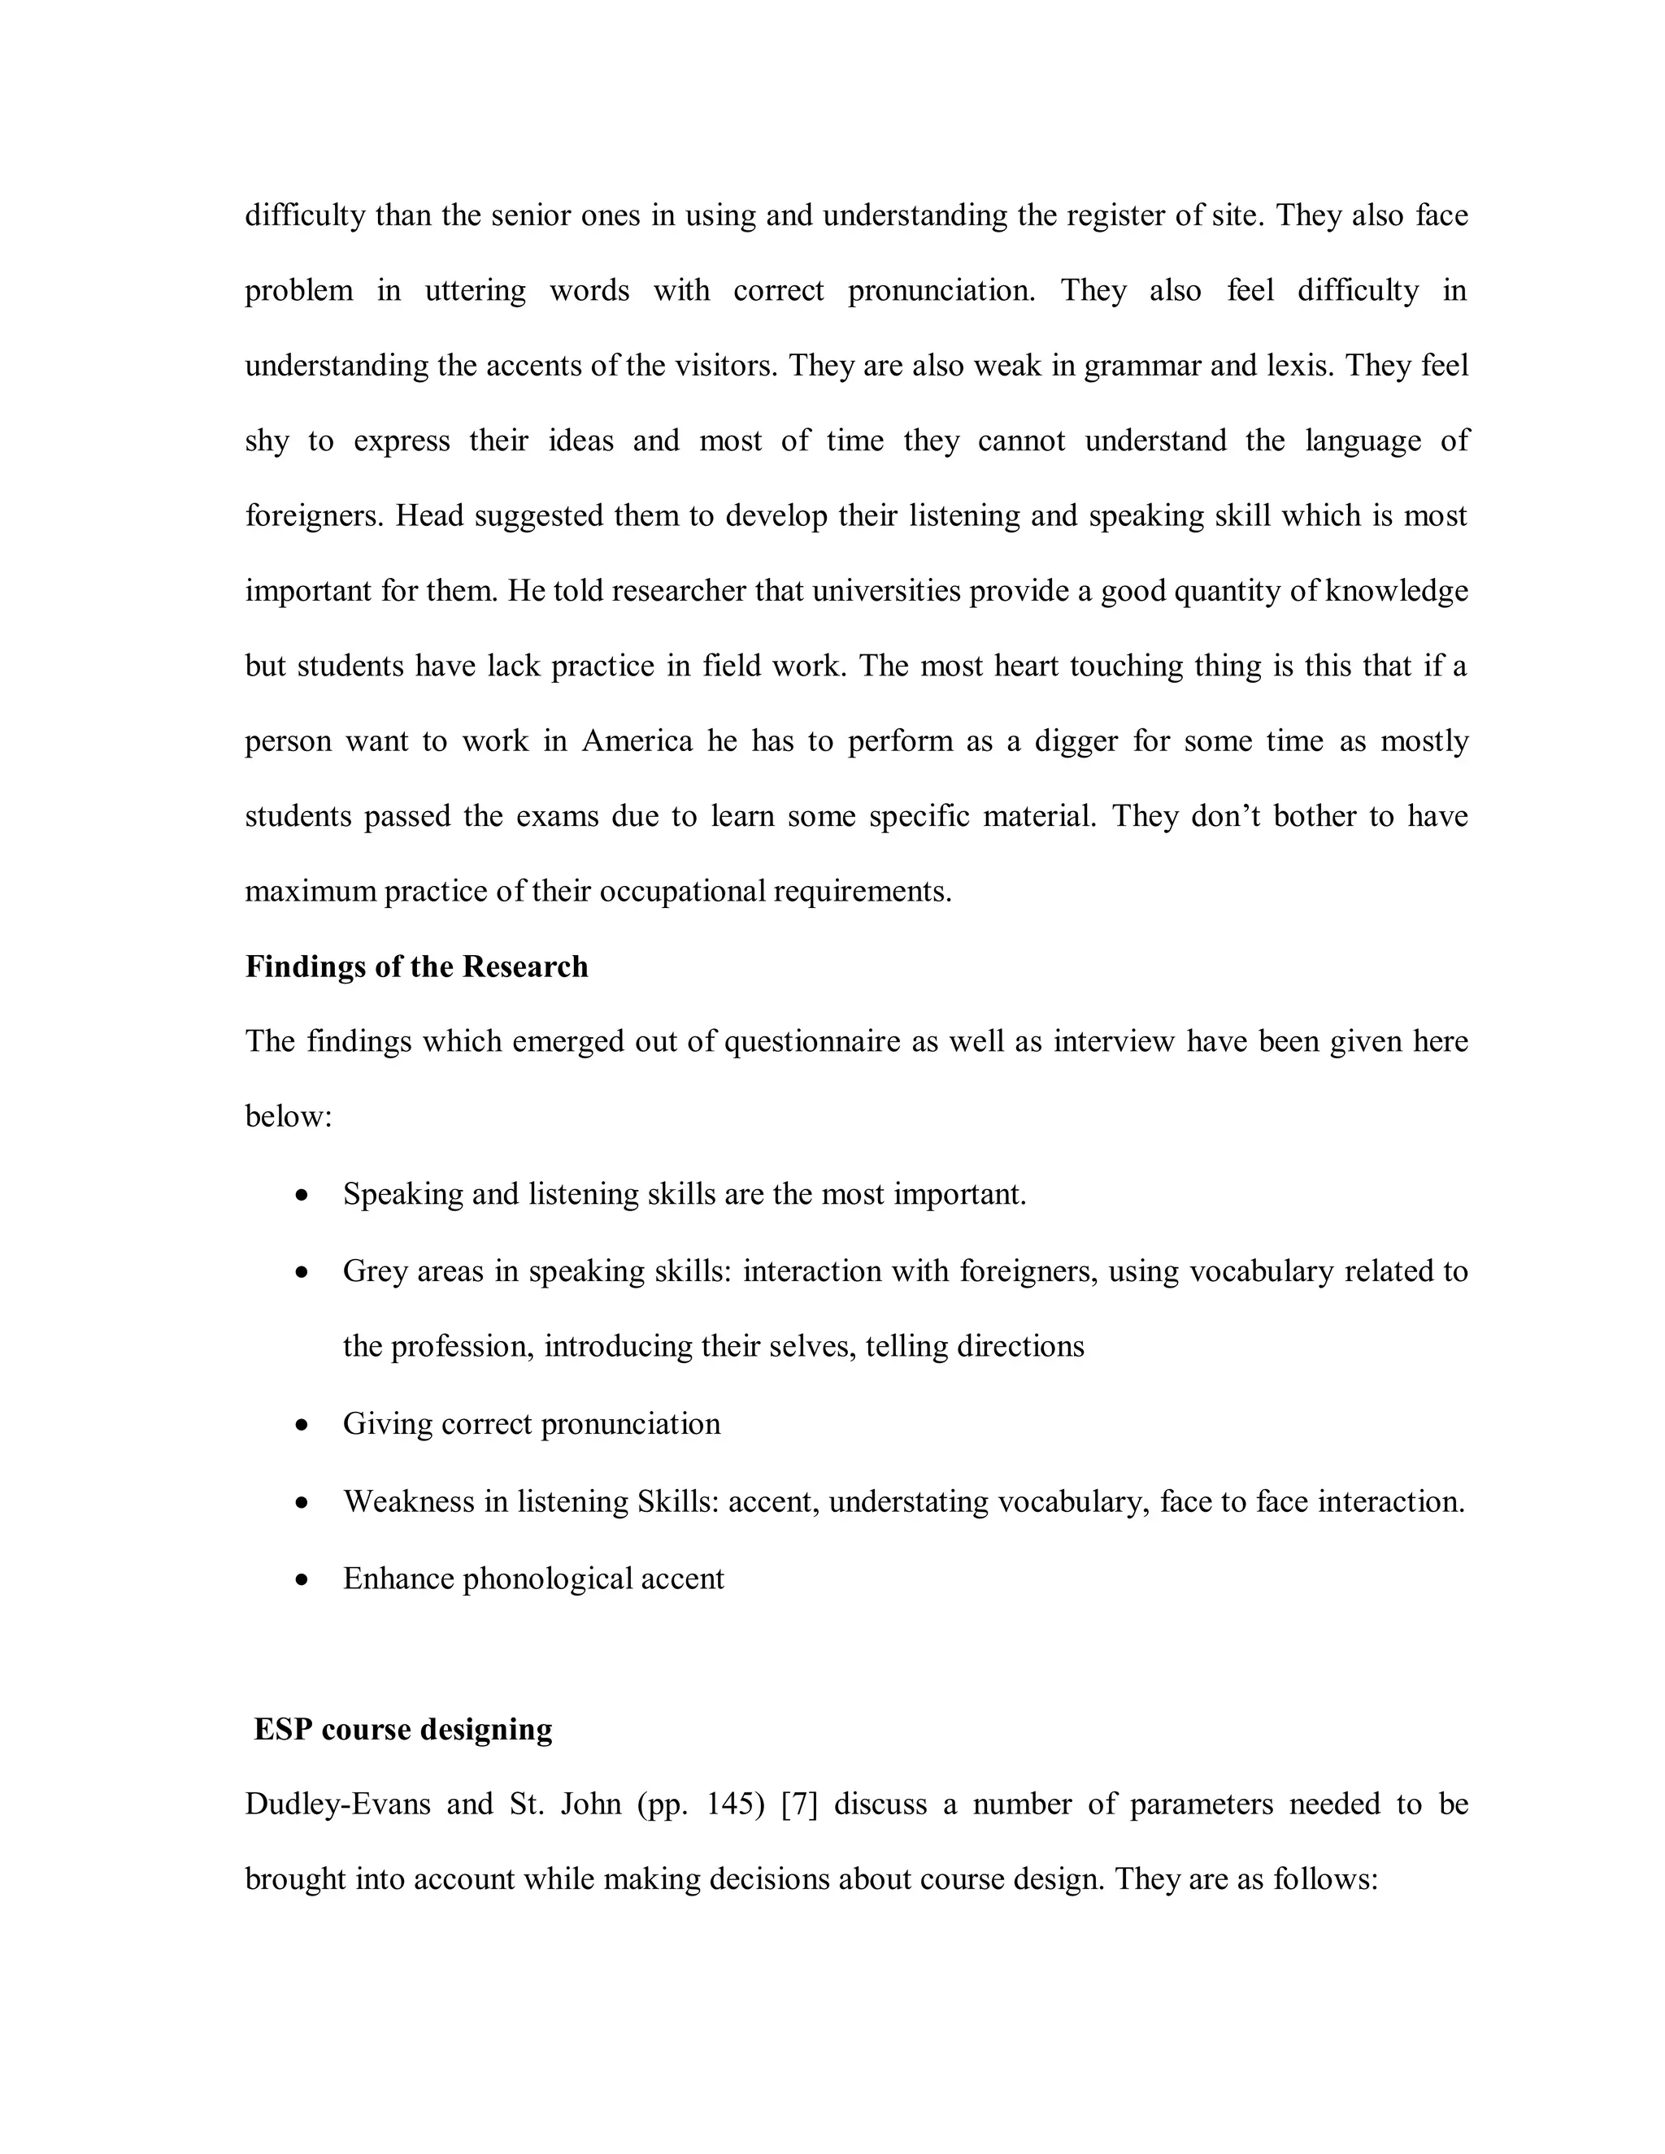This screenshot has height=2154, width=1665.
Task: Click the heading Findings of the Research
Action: [416, 966]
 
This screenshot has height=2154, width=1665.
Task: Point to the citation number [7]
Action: [800, 1804]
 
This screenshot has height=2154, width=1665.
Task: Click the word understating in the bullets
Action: [907, 1502]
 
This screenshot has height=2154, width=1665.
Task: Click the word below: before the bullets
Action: [289, 1118]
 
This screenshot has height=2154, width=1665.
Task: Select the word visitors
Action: [726, 366]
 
